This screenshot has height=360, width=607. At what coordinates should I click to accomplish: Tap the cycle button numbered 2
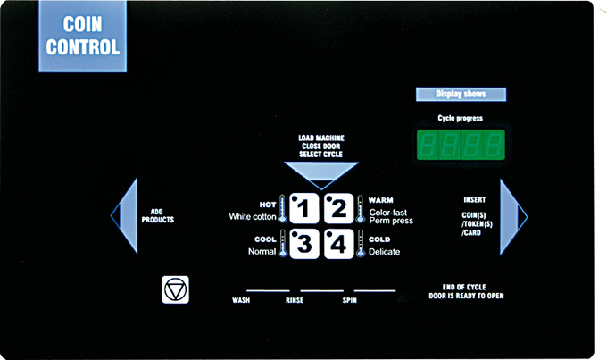point(338,208)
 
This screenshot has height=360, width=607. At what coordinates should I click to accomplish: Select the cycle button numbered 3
point(304,244)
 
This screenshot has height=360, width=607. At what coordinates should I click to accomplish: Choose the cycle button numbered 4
point(338,244)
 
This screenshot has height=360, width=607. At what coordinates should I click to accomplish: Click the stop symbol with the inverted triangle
point(175,289)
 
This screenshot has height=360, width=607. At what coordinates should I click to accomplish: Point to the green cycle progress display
point(461,145)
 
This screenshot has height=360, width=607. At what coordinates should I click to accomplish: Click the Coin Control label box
point(83,36)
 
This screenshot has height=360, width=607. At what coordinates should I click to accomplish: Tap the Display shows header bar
point(461,94)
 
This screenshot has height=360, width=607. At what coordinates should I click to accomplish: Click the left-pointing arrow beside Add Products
point(125,215)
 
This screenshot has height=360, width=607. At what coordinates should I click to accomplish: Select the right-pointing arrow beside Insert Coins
point(513,217)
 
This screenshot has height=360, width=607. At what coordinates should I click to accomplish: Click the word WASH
point(241,300)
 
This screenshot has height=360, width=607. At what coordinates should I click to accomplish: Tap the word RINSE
point(295,300)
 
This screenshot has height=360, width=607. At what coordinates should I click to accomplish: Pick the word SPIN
point(350,300)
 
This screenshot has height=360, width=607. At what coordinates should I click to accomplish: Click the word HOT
point(268,205)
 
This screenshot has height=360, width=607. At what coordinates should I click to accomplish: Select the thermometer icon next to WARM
point(361,208)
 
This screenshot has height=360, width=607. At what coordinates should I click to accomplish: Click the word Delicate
point(385,252)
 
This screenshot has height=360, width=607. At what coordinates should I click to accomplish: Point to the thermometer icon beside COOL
point(283,243)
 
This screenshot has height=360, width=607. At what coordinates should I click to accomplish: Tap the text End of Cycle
point(464,287)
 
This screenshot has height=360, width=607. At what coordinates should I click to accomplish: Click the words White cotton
point(253,216)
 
